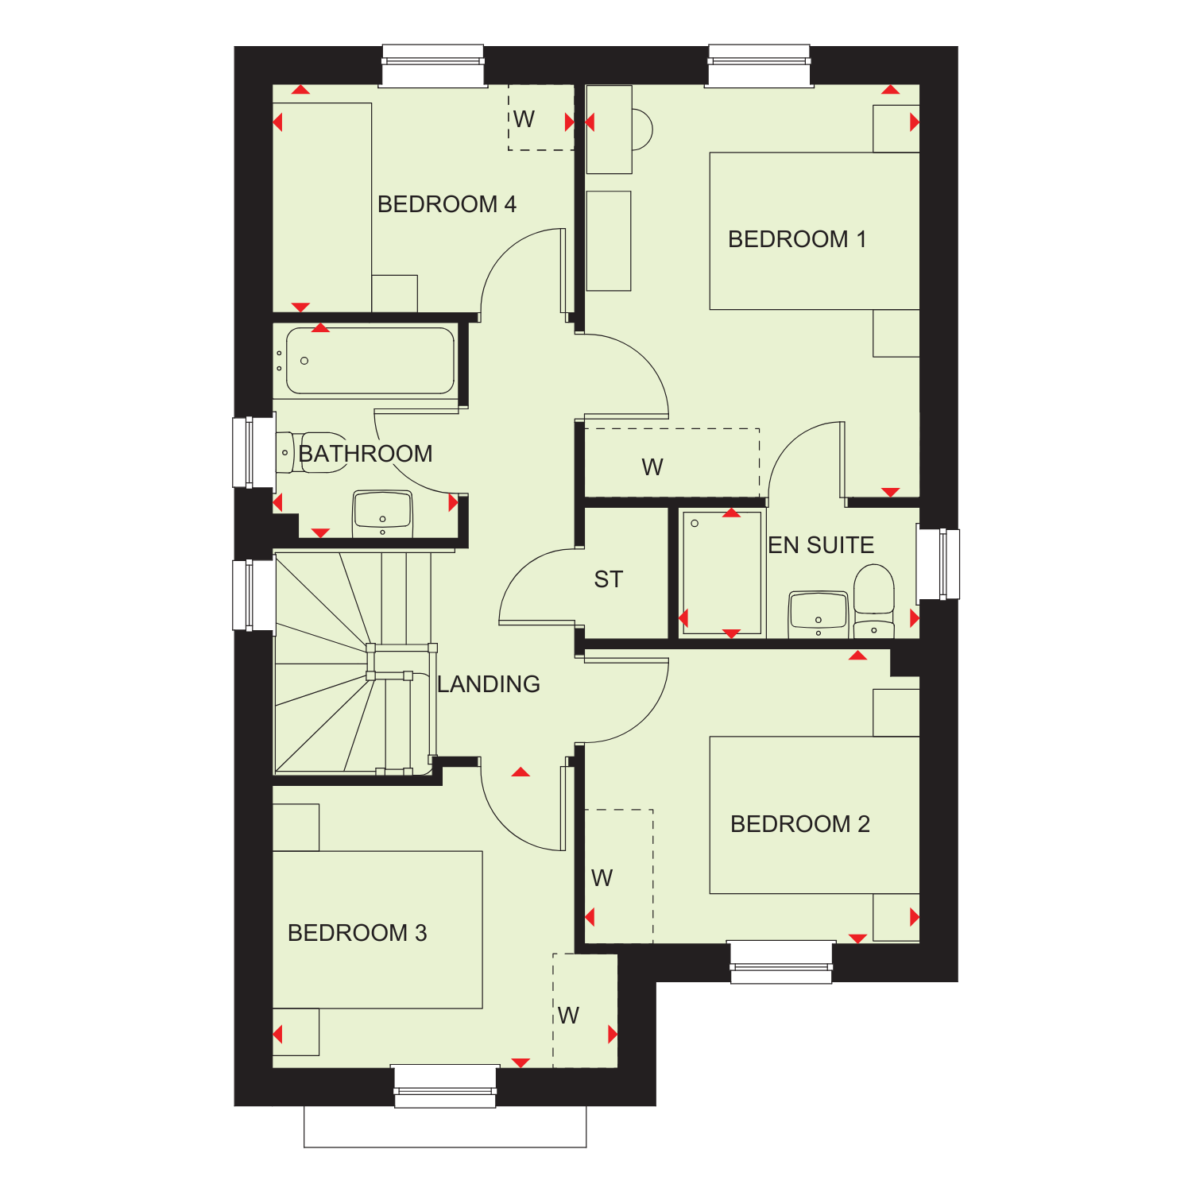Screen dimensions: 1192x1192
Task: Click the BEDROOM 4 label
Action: click(x=447, y=204)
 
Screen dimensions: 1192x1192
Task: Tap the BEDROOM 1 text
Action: click(x=797, y=239)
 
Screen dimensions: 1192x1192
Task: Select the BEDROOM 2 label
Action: click(x=800, y=824)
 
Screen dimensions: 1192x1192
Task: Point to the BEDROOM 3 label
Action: click(x=358, y=933)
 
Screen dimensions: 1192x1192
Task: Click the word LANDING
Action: click(x=489, y=684)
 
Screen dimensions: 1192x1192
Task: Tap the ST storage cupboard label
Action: click(x=609, y=580)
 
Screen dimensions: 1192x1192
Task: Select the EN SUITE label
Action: click(x=821, y=545)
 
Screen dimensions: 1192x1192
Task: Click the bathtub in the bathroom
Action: click(x=370, y=361)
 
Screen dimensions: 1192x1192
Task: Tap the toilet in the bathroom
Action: click(x=312, y=453)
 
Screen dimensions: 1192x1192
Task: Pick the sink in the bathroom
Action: click(x=382, y=513)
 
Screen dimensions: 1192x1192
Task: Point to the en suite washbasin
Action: click(x=819, y=614)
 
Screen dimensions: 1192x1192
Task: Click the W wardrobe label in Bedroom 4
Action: click(x=524, y=119)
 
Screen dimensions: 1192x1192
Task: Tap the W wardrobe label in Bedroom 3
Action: click(x=568, y=1016)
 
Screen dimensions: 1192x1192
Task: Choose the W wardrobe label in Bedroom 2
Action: click(x=602, y=878)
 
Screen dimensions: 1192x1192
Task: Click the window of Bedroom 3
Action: click(x=445, y=1086)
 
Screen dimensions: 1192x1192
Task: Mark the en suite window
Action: click(x=939, y=563)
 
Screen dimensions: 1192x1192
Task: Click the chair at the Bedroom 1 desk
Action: click(x=642, y=129)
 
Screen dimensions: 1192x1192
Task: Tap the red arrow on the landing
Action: click(x=521, y=772)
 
